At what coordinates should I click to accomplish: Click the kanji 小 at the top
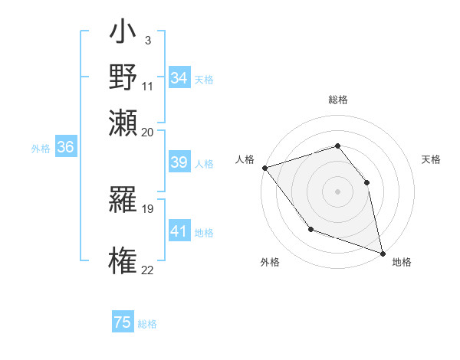click(123, 35)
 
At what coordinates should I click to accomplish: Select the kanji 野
click(123, 77)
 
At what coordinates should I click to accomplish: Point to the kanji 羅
click(123, 203)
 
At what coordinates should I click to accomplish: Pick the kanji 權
click(123, 259)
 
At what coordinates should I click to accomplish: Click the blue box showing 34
click(179, 78)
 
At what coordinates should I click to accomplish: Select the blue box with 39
click(179, 162)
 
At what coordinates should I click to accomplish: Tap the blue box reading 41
click(179, 231)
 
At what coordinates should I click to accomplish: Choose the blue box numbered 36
click(65, 148)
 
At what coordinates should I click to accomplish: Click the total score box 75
click(123, 322)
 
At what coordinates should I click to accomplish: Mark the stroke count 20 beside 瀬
click(148, 131)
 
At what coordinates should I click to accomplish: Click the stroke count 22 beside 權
click(148, 269)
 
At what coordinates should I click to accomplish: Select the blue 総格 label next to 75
click(147, 324)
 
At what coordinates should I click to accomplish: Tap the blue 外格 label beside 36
click(41, 149)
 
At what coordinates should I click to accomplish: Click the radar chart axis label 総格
click(338, 100)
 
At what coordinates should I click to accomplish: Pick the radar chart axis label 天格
click(431, 159)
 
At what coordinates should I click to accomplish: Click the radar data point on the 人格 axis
click(264, 168)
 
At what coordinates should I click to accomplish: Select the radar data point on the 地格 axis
click(383, 252)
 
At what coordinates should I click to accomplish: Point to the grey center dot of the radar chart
click(337, 191)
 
